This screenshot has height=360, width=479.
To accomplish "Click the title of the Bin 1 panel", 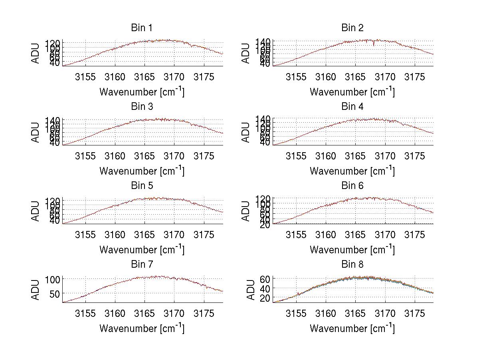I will [141, 28].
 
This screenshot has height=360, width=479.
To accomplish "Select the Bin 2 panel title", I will [352, 28].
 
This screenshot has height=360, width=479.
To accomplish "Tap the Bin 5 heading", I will [141, 186].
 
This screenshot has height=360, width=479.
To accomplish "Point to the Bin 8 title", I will [352, 265].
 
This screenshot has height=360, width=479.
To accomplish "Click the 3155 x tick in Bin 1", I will [85, 77].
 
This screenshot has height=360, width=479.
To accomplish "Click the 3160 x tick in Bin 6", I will [326, 235].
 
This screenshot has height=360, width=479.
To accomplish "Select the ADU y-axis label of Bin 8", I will [251, 290].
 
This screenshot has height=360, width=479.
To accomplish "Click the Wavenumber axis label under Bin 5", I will [141, 250].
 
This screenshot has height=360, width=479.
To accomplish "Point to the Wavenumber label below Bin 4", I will [352, 171].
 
